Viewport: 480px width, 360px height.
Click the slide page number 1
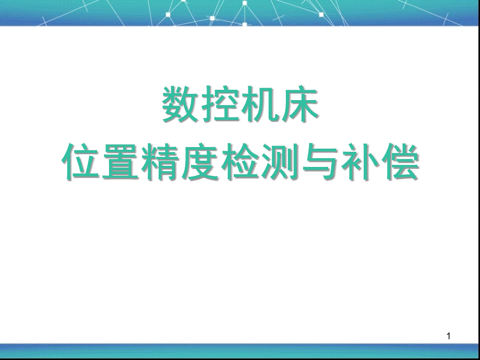449,336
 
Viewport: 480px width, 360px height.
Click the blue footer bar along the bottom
240,351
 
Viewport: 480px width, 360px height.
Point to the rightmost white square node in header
321,15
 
